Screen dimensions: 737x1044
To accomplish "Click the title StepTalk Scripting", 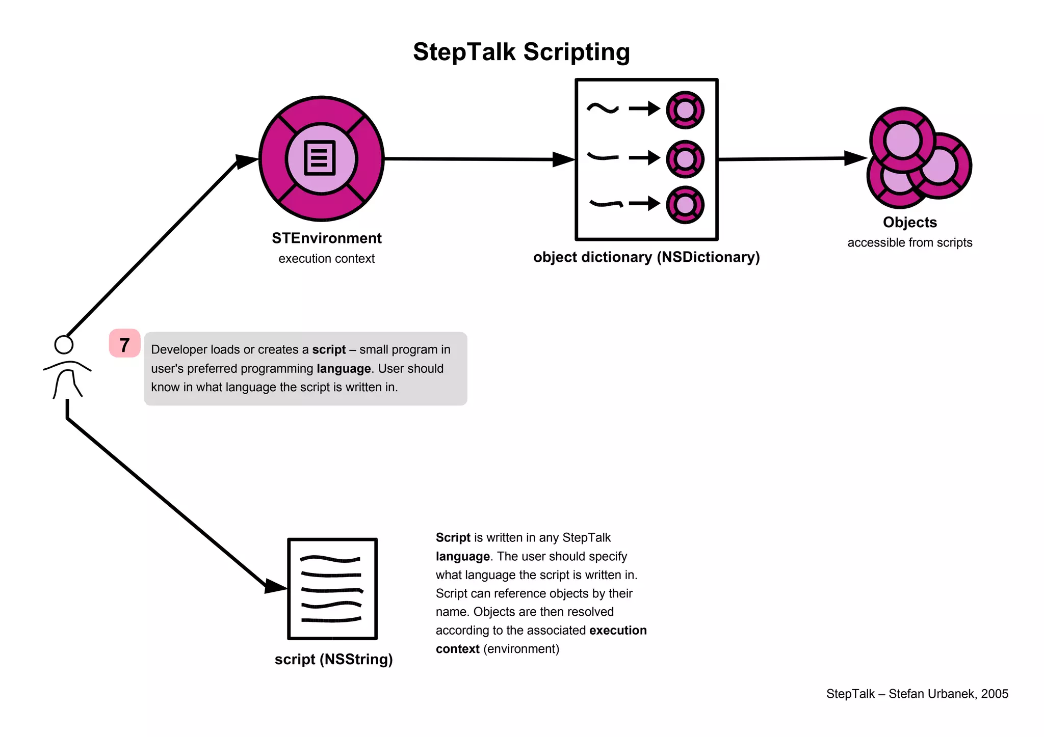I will (x=521, y=52).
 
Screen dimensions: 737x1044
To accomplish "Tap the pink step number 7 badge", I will (x=124, y=344).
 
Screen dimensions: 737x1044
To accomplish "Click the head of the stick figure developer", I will (x=64, y=345).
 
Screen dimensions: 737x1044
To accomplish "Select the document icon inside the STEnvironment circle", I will (x=320, y=158).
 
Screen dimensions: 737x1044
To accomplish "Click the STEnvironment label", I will (x=326, y=238).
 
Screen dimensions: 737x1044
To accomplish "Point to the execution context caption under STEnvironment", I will (x=326, y=259).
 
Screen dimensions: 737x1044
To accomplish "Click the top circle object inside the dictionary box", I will (x=685, y=110).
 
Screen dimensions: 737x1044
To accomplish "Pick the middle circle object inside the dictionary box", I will (x=685, y=159).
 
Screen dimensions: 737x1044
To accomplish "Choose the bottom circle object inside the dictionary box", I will (x=685, y=205).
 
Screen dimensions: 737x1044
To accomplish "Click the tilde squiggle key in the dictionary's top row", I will (x=603, y=108).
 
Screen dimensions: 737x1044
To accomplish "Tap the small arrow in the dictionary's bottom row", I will (x=644, y=204).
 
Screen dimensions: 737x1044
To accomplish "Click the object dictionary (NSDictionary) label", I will (x=646, y=257).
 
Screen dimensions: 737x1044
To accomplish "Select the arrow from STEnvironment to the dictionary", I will (x=474, y=159).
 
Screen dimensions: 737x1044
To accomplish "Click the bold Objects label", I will (x=909, y=223).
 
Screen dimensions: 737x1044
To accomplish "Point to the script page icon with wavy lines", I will (x=332, y=589).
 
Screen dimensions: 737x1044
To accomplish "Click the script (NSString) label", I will (x=333, y=660).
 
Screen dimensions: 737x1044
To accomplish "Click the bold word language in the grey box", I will (x=344, y=369).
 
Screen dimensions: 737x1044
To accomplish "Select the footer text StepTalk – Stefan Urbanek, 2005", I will (x=917, y=694).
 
